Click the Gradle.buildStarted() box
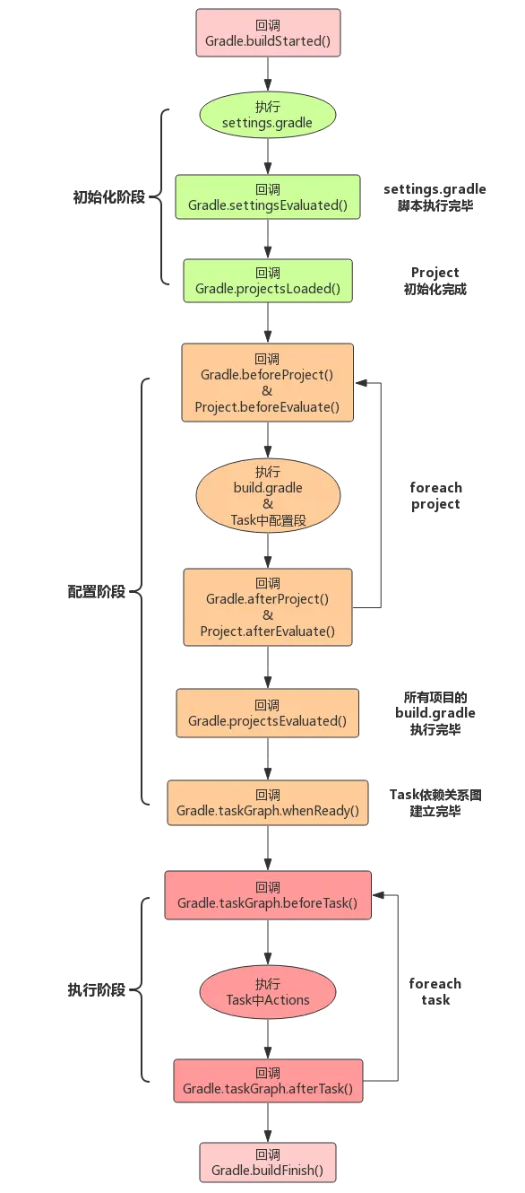point(268,33)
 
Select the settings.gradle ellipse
point(267,115)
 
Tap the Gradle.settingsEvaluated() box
point(267,197)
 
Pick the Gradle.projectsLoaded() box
point(267,281)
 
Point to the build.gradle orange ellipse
point(267,495)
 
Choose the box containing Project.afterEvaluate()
point(267,606)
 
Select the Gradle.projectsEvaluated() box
point(267,713)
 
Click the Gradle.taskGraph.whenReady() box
point(267,803)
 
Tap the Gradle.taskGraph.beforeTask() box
point(267,894)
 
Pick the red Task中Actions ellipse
point(267,992)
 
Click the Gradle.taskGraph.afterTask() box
point(267,1081)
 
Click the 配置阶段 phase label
point(97,593)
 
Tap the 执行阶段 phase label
point(97,990)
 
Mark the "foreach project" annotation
point(436,496)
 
